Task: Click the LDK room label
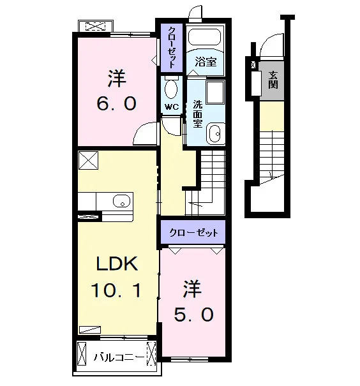[117, 264]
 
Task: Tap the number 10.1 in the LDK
[116, 290]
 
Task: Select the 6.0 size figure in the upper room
[116, 103]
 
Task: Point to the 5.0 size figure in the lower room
[193, 314]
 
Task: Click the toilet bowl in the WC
[171, 89]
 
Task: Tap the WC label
[171, 107]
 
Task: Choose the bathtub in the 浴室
[204, 37]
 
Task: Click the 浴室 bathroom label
[206, 61]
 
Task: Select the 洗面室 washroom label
[197, 114]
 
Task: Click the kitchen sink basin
[121, 201]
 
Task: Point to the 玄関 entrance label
[273, 80]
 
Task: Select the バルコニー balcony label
[119, 357]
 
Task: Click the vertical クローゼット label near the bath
[172, 47]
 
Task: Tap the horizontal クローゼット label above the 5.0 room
[194, 233]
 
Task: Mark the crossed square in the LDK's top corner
[88, 160]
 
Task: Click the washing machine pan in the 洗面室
[215, 93]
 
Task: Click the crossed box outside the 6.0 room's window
[95, 26]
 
